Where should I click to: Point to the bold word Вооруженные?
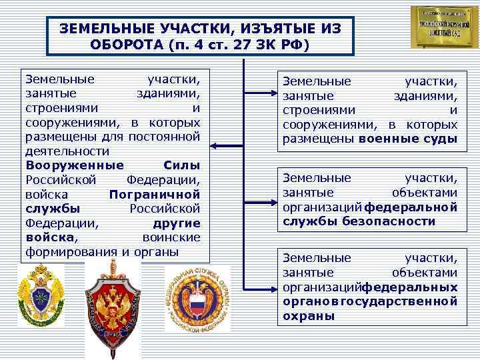75,165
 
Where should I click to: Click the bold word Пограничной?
154,194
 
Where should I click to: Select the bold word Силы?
181,165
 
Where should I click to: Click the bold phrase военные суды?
407,139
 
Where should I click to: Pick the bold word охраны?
309,316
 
